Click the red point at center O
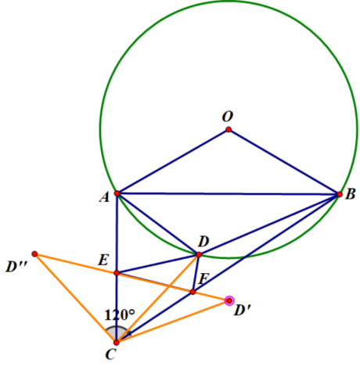[229, 129]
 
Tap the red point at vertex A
[117, 193]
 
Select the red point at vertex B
[340, 194]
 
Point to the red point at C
[117, 342]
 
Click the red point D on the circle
[199, 254]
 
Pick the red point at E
[117, 273]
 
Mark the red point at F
[193, 292]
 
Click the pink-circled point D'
[229, 300]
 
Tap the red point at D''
[34, 254]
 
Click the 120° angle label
[120, 315]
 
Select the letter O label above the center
[228, 117]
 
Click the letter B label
[350, 194]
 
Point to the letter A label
[104, 197]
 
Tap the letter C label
[110, 354]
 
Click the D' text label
[242, 311]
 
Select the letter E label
[103, 260]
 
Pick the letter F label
[203, 279]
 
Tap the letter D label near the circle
[203, 242]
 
